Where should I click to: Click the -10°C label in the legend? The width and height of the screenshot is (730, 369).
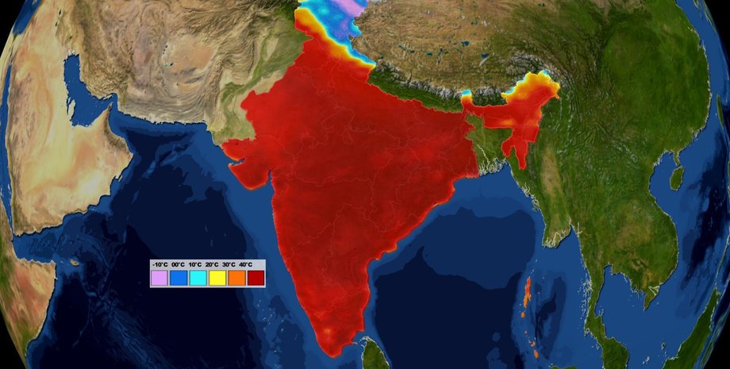coord(160,264)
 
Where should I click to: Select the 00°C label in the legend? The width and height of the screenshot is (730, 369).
coord(178,264)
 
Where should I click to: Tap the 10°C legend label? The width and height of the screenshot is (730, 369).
coord(195,264)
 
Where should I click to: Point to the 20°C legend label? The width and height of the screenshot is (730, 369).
coord(212,264)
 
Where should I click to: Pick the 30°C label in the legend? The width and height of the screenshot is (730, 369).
coord(229,264)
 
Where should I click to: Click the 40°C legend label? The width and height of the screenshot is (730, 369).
coord(247,264)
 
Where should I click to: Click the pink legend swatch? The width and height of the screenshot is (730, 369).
coord(159,278)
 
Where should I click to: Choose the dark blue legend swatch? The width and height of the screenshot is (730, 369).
coord(178,278)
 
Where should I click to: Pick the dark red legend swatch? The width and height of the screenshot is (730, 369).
coord(255,278)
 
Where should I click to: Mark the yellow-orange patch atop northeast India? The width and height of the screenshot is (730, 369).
coord(540,83)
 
